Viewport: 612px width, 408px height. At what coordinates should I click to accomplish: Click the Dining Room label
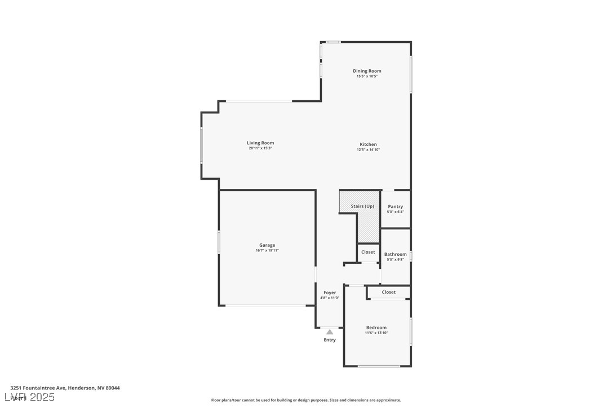367,71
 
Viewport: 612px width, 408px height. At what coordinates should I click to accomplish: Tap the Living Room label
260,143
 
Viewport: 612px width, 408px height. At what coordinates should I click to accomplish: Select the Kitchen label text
368,144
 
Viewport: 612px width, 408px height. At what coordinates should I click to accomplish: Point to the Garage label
267,245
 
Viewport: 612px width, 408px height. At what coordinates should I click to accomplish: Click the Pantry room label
396,207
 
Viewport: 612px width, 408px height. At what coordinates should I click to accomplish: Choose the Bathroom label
396,254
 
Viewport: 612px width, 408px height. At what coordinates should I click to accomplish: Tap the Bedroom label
376,327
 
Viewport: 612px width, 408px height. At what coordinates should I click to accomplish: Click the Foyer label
330,292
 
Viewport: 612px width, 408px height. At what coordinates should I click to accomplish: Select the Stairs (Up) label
362,206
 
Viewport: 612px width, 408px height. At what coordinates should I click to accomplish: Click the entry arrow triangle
330,332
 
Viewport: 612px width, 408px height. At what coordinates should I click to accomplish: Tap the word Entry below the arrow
330,340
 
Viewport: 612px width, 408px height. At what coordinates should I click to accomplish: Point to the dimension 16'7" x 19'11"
267,251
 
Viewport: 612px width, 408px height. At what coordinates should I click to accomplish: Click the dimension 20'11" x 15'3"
260,148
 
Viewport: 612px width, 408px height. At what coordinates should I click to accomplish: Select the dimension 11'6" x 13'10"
376,333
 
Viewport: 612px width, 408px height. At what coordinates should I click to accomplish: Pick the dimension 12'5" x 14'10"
368,150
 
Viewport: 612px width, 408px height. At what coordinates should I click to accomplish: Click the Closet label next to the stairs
368,252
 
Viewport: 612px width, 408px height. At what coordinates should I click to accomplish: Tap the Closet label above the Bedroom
389,292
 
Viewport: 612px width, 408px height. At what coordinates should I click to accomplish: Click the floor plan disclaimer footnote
306,400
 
